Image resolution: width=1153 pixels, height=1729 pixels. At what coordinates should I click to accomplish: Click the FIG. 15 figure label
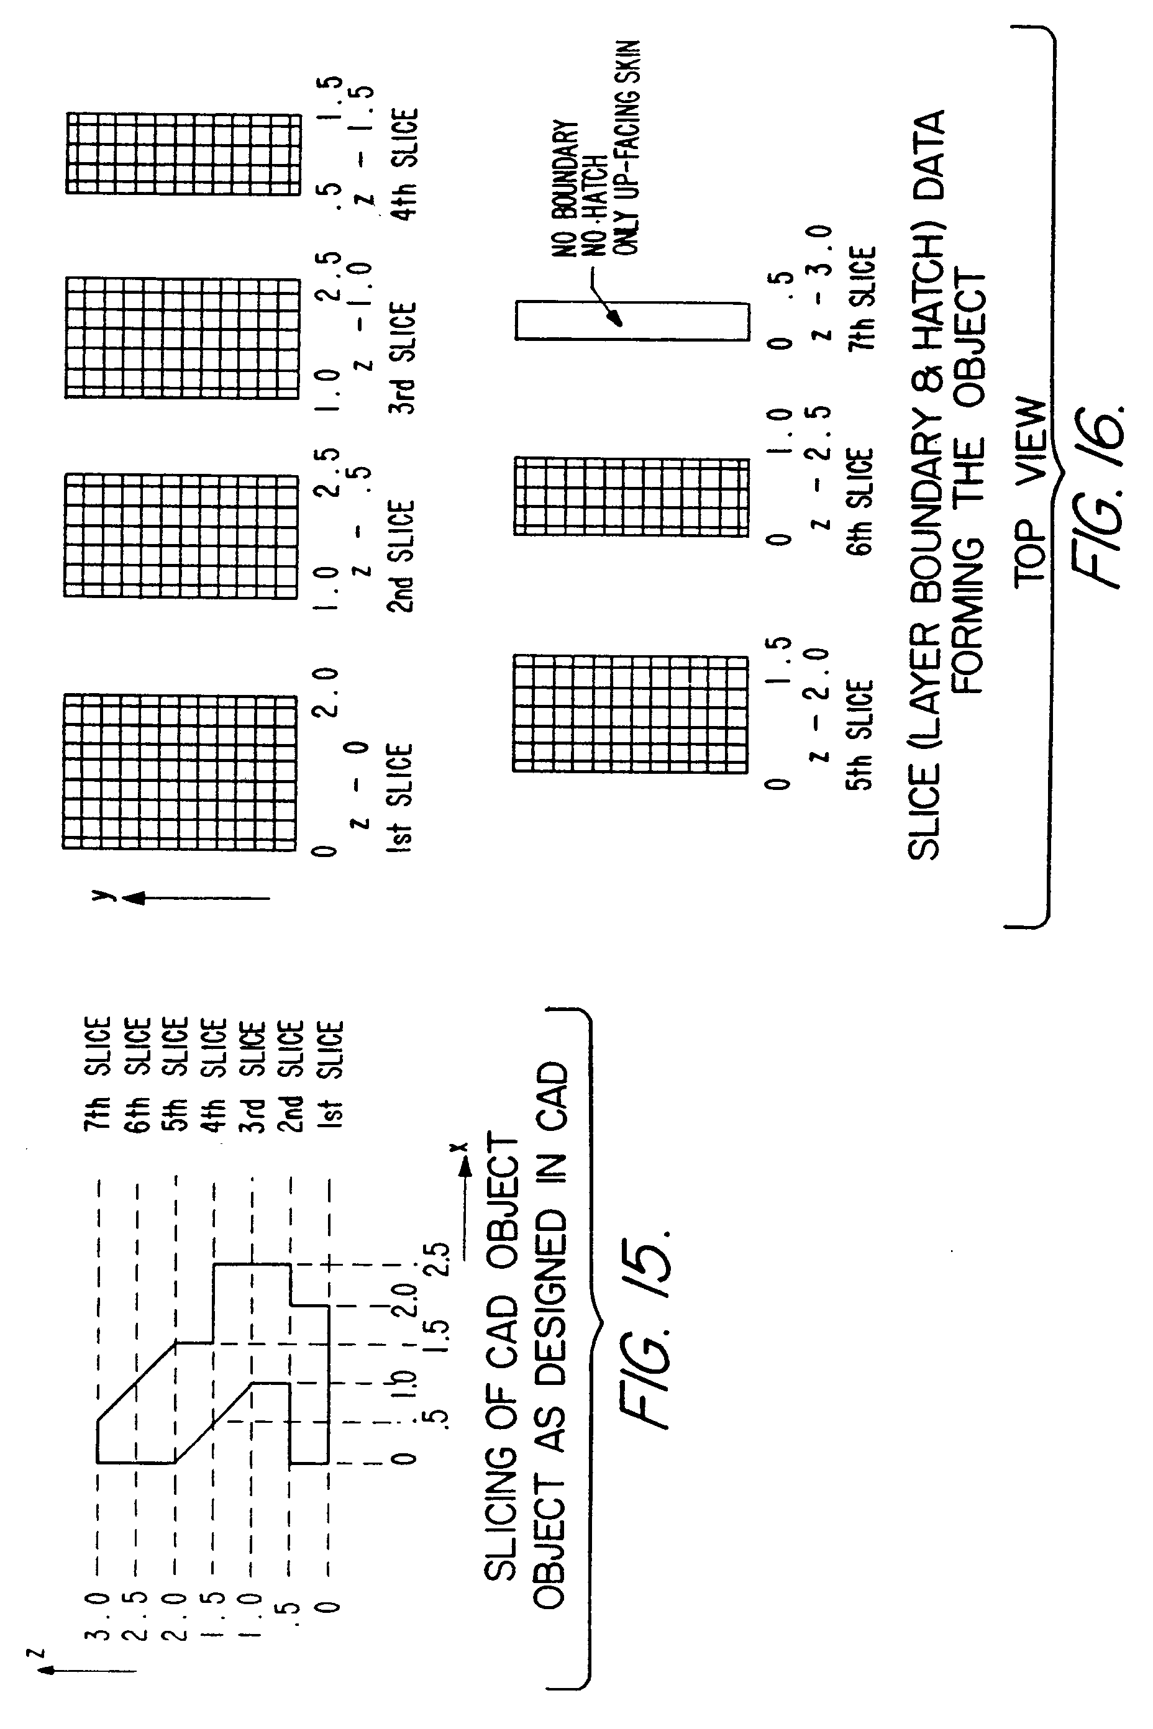(x=647, y=1330)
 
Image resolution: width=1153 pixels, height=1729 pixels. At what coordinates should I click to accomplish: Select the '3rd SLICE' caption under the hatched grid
(x=402, y=358)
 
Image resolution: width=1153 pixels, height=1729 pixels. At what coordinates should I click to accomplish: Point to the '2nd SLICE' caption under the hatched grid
(x=401, y=556)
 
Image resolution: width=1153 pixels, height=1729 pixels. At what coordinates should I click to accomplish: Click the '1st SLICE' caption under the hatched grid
(x=399, y=798)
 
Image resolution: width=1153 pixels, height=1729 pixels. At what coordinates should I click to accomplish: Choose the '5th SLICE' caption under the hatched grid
(x=860, y=735)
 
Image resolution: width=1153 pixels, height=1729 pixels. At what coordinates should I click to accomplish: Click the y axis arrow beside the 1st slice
(x=195, y=897)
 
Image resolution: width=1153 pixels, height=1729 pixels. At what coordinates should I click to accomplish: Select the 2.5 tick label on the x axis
(x=437, y=1261)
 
